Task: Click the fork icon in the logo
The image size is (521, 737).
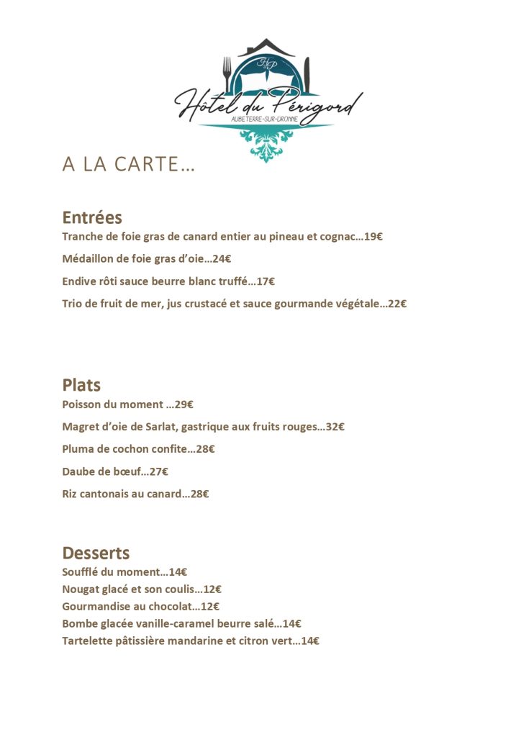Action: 227,73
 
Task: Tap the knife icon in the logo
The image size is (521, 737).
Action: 307,75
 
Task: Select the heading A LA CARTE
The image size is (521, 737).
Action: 128,165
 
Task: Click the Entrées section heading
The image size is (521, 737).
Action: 92,217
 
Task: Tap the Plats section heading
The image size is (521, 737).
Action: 81,385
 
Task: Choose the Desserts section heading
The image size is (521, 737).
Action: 96,553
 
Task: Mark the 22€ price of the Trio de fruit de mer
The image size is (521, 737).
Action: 397,304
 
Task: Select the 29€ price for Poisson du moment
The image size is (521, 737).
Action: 184,404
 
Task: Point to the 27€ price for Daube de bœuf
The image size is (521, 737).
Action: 158,471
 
